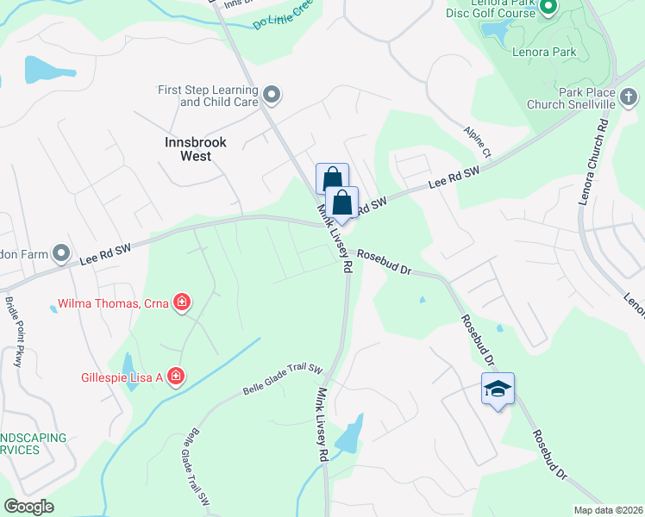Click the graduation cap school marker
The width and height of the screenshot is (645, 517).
pos(498,389)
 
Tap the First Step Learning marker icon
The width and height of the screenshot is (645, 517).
pos(272,94)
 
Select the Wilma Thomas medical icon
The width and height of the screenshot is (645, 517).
pos(181,302)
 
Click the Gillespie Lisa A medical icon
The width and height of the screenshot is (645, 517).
pos(175,375)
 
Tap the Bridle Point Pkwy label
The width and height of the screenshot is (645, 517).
pos(13,332)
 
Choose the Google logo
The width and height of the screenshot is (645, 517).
pos(29,507)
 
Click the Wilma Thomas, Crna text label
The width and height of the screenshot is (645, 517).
pos(112,303)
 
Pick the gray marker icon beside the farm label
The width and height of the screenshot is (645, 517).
pos(60,253)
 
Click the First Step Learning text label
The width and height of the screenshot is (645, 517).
pos(207,96)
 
